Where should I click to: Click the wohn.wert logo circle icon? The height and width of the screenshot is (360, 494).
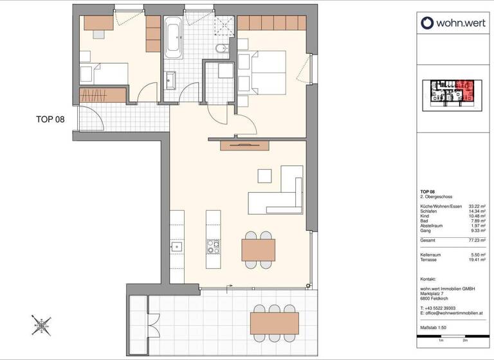tap(428, 23)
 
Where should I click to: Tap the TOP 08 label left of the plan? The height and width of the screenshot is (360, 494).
tap(50, 120)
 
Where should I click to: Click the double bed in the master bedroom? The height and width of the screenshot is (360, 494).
tap(263, 73)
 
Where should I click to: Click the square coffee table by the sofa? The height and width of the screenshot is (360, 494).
tap(264, 175)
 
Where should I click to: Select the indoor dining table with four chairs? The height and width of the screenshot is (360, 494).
tap(258, 248)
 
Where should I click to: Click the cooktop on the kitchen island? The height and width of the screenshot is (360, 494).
tap(213, 247)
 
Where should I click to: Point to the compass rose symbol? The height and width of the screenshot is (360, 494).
tap(41, 325)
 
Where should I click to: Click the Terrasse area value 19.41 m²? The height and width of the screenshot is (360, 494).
tap(475, 260)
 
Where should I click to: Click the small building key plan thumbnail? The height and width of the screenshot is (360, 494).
tap(451, 93)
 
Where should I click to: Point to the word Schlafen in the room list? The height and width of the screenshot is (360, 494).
tap(430, 211)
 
